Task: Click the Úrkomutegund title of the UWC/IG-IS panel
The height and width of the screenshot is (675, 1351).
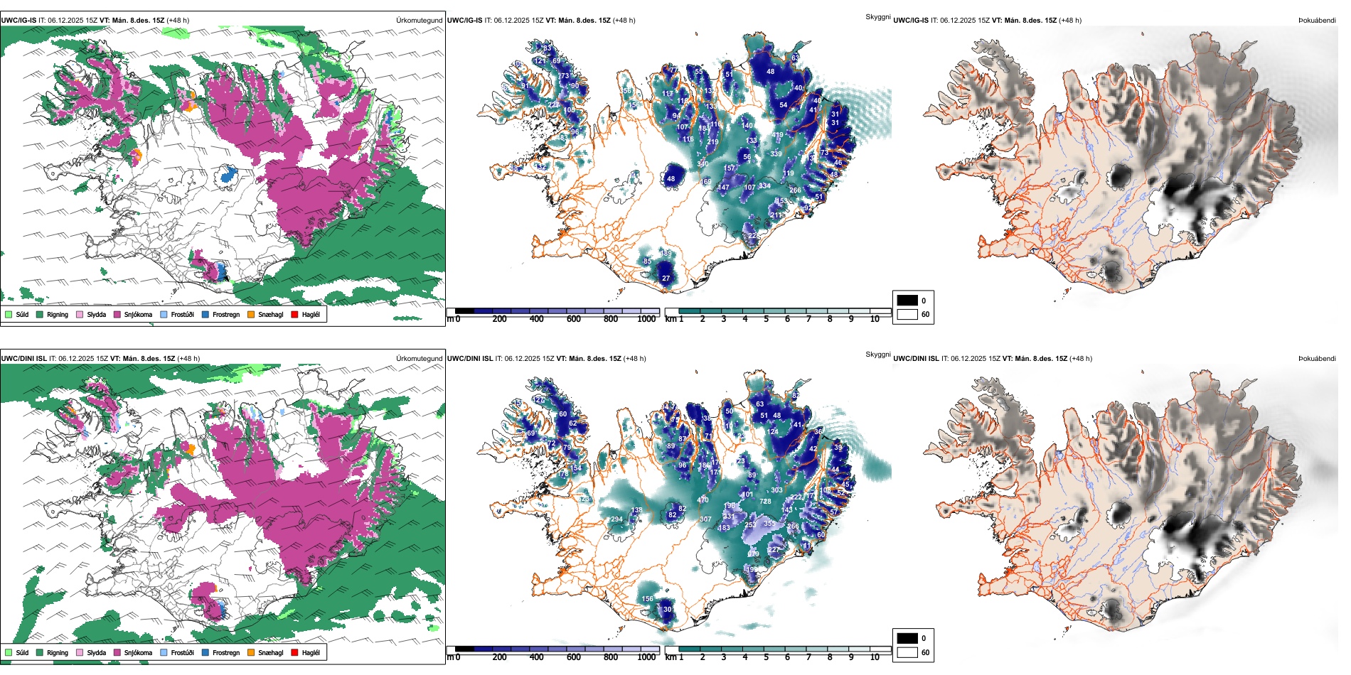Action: coord(419,21)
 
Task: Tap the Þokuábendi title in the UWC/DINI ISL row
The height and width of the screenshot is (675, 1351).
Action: coord(1317,359)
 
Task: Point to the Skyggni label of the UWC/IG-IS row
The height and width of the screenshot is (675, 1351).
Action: coord(877,17)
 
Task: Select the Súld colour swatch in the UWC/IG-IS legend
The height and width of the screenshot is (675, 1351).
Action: coord(9,314)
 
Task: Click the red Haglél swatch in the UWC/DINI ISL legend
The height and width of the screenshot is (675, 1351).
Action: coord(294,652)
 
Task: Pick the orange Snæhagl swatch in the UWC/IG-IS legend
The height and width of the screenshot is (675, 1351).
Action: coord(251,314)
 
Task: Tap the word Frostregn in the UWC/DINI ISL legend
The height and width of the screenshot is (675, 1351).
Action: coord(225,652)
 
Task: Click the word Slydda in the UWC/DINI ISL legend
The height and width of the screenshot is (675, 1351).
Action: coord(96,652)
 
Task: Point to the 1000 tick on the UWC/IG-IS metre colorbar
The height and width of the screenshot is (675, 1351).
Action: coord(646,319)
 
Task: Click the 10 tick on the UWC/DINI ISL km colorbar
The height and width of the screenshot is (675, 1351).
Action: coord(875,657)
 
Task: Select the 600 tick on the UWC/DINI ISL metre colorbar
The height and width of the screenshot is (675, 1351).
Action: coord(573,657)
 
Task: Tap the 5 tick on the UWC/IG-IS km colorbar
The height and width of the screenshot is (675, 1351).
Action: coord(766,319)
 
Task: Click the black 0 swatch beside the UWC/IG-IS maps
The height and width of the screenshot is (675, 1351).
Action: coord(907,301)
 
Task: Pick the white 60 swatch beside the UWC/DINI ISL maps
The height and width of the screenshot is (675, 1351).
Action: coord(907,652)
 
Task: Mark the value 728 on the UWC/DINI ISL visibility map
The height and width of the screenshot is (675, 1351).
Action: coord(765,502)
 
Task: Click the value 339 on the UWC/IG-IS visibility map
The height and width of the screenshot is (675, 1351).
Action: coord(776,154)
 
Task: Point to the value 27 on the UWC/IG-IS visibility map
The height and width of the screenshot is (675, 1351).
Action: coord(666,279)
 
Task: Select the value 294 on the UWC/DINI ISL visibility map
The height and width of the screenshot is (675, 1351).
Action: coord(616,519)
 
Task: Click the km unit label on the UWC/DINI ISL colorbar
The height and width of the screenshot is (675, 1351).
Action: coord(670,657)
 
